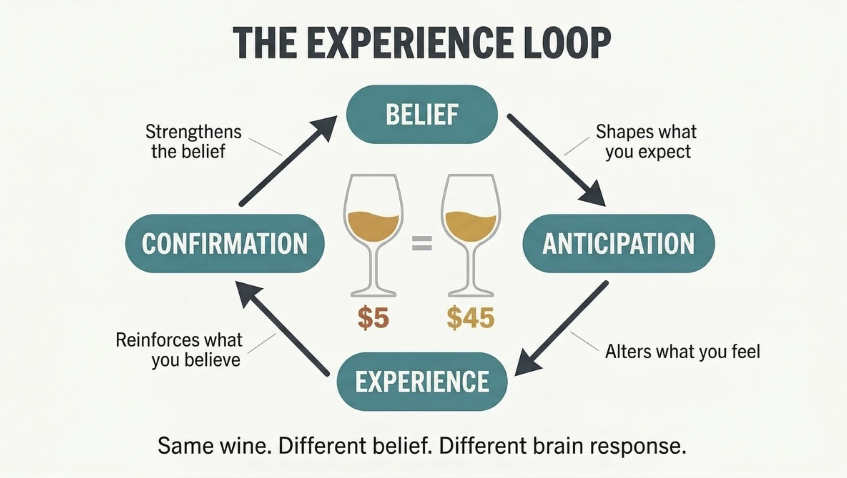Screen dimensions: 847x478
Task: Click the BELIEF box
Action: [422, 114]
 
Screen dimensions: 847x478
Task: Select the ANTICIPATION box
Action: [618, 244]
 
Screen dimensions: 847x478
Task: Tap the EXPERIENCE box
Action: [422, 382]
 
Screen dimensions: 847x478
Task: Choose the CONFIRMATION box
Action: [225, 244]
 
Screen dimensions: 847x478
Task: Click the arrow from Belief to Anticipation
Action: [556, 160]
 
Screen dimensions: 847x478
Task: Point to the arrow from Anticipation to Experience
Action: [561, 328]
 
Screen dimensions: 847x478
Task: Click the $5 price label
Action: [373, 318]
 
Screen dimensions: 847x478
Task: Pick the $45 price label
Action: [470, 318]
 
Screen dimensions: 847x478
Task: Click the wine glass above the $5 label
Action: [374, 235]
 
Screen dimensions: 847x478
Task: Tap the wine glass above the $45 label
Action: [471, 235]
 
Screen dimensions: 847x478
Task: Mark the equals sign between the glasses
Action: [422, 243]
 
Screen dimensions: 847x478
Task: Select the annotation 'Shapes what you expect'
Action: [647, 142]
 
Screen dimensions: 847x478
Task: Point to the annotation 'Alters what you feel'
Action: [683, 352]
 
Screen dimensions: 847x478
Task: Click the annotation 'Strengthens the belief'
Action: [193, 141]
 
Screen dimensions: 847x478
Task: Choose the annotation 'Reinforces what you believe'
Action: [179, 350]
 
